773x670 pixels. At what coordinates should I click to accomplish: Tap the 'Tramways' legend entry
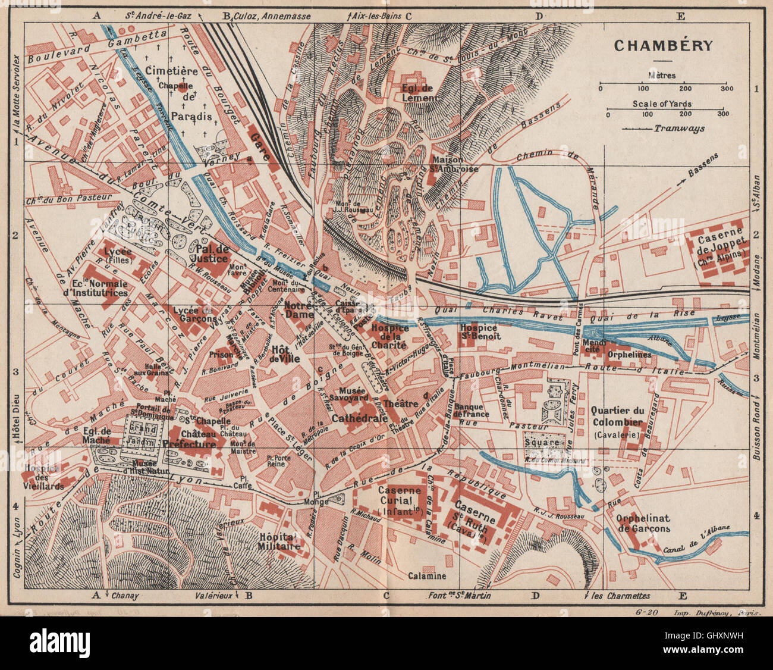pos(678,128)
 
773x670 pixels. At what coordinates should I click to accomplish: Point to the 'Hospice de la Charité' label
pos(389,336)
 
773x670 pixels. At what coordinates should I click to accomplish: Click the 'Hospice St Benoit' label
pos(480,331)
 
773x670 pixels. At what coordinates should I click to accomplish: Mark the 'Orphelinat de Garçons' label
pos(643,522)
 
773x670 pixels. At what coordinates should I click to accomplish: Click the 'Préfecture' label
pos(189,444)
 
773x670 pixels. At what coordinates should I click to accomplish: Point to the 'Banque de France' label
pos(471,410)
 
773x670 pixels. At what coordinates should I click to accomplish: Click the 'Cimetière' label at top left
pos(159,71)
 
